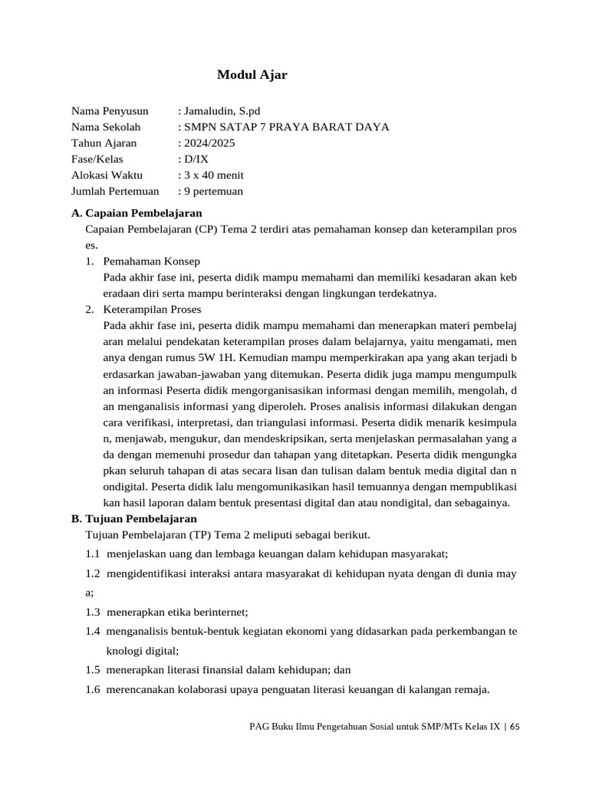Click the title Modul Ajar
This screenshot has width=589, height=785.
[x=252, y=74]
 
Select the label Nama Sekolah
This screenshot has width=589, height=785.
[x=106, y=126]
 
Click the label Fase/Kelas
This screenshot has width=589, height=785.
[x=97, y=159]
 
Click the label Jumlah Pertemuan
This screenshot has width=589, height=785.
[x=115, y=191]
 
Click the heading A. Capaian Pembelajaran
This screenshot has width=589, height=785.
[x=137, y=212]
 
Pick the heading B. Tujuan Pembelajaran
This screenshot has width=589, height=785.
[x=133, y=518]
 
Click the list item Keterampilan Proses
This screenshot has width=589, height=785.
[x=152, y=309]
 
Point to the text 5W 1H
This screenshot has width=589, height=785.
[x=222, y=357]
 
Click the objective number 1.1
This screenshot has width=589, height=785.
[x=94, y=553]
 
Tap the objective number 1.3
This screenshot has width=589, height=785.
[x=94, y=612]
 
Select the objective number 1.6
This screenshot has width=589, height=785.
[x=94, y=689]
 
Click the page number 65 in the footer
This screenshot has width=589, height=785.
[x=515, y=726]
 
